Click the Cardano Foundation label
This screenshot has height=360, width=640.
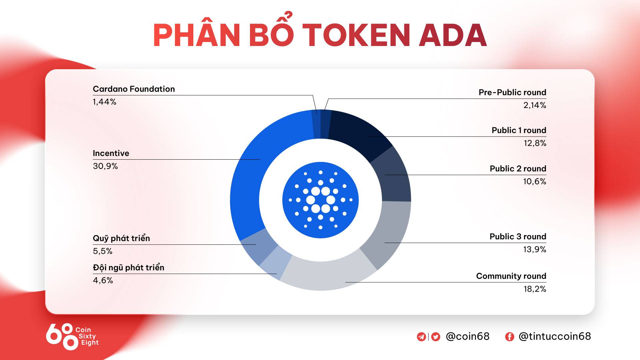(x=134, y=89)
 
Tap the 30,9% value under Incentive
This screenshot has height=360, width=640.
(x=105, y=166)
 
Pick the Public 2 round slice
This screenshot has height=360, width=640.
(x=393, y=175)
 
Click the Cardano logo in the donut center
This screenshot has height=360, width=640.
(x=320, y=200)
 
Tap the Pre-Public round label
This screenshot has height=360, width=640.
(x=512, y=92)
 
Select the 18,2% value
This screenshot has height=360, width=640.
(x=535, y=289)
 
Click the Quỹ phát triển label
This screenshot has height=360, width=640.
(x=121, y=238)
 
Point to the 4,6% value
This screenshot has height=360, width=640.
(x=103, y=280)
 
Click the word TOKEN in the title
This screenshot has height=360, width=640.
(x=356, y=35)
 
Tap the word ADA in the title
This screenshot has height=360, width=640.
(x=453, y=35)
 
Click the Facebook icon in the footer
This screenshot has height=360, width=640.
(x=509, y=337)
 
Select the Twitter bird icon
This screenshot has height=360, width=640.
(x=435, y=337)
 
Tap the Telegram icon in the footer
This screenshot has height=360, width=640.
(x=421, y=337)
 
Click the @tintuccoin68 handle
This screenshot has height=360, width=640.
(x=555, y=336)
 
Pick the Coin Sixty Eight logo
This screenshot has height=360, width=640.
(x=72, y=336)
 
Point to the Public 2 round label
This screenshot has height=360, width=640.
(x=518, y=169)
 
